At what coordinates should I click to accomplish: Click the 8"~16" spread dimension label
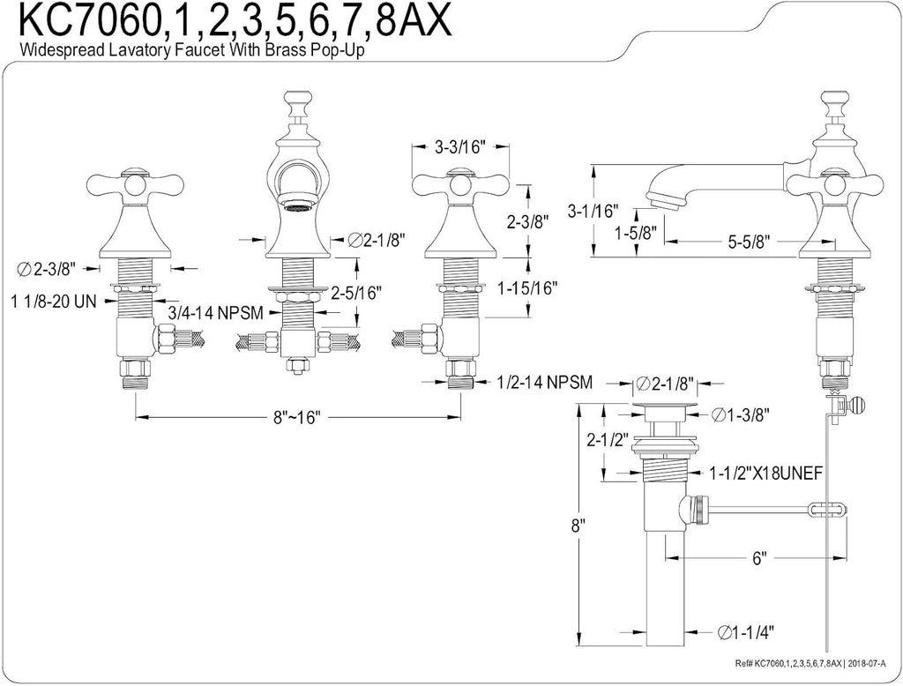tap(296, 416)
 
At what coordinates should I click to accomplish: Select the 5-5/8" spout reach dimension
tap(749, 242)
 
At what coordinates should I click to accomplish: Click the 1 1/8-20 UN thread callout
tap(53, 301)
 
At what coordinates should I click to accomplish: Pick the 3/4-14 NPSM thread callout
tap(215, 313)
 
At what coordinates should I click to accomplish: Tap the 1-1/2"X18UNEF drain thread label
tap(765, 473)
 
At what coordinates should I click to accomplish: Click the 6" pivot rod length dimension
tap(759, 557)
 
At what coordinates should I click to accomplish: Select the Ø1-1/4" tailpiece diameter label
tap(745, 632)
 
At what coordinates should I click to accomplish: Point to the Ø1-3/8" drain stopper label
tap(741, 414)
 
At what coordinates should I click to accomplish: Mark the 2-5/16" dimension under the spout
tap(356, 293)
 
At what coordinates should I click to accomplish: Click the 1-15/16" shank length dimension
tap(527, 287)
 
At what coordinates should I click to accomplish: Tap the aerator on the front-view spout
tap(296, 205)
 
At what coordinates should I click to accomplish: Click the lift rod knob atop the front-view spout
tap(297, 101)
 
